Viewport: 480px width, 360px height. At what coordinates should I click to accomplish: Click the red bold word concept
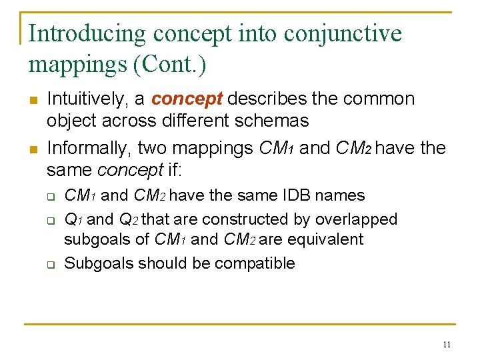(x=187, y=99)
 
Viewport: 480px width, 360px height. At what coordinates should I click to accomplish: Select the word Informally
(x=87, y=147)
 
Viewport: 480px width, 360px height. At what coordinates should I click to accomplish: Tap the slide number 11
(x=446, y=344)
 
